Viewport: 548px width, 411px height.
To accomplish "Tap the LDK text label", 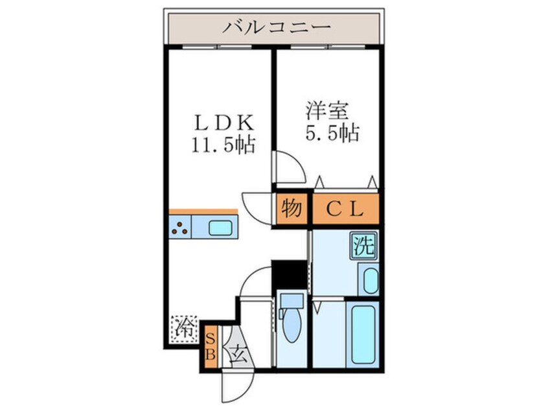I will coord(220,122).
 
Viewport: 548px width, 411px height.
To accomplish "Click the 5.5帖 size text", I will coord(332,134).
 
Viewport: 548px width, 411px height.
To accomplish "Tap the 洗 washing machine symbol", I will coord(363,247).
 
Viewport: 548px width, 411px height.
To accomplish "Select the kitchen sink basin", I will coord(222,228).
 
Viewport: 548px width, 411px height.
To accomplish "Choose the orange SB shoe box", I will coord(211,346).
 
